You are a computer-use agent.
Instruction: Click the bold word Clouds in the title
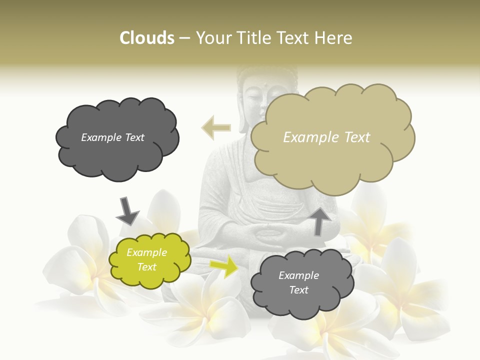pos(146,38)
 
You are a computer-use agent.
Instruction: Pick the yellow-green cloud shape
pos(149,260)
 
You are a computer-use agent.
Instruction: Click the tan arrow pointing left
pos(216,127)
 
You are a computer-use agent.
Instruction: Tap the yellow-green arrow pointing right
pos(224,266)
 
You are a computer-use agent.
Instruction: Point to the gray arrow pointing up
pos(320,221)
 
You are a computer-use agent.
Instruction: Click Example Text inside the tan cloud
pos(326,137)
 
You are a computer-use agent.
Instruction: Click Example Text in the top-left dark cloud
pos(112,137)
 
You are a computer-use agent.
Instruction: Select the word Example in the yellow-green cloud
pos(146,253)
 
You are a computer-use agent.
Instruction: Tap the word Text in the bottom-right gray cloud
pos(298,290)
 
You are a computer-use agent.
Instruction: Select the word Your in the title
pos(212,38)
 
